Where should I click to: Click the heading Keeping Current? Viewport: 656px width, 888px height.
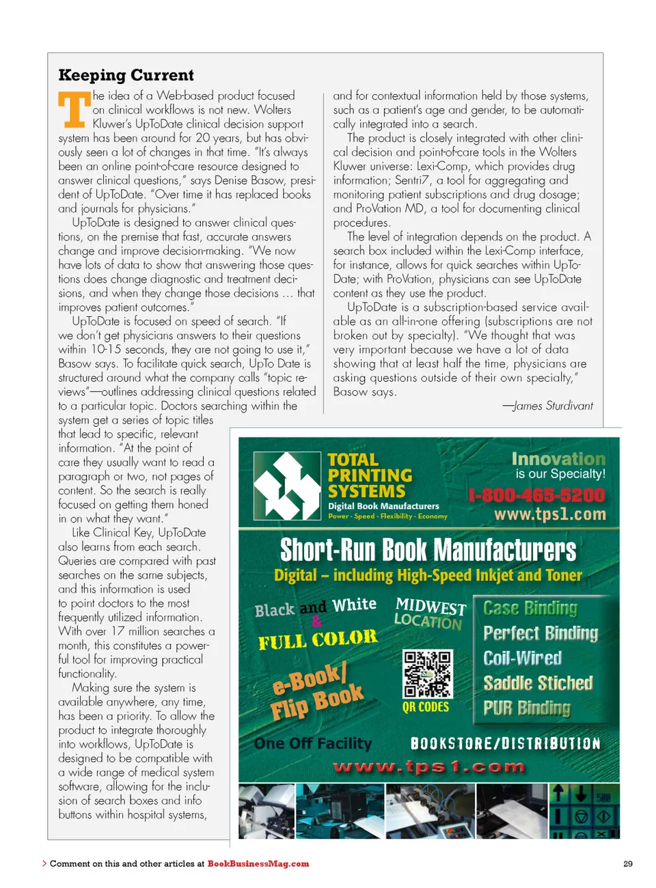point(126,75)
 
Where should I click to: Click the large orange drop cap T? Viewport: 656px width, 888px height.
point(74,110)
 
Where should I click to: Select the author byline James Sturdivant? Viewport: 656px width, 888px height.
point(547,406)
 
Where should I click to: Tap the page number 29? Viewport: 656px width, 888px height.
point(628,864)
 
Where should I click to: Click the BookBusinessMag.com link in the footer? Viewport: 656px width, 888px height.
point(258,864)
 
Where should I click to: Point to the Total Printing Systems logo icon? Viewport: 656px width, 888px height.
point(287,486)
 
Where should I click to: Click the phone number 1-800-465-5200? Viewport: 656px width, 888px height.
point(536,495)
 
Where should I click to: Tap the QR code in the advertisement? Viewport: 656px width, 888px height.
point(427,674)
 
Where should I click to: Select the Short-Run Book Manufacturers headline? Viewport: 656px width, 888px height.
point(428,550)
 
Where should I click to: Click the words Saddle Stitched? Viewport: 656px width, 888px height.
point(538,683)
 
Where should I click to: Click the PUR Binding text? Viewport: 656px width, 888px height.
point(526,708)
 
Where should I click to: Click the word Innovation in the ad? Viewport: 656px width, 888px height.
point(558,459)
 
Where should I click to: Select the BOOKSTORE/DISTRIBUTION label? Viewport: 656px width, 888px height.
point(505,744)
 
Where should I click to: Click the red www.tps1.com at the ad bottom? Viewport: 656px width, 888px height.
point(428,767)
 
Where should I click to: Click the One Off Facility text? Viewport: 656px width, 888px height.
point(313,743)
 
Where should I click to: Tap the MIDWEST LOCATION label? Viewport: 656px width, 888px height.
point(430,613)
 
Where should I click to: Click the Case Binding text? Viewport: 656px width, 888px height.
point(530,608)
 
